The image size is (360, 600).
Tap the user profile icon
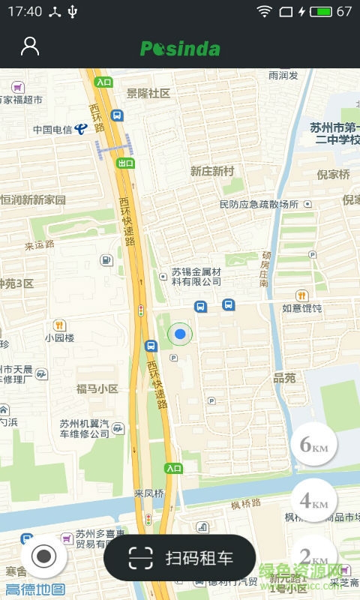point(30,46)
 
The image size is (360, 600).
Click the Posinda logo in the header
point(180,49)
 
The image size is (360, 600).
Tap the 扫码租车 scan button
point(180,558)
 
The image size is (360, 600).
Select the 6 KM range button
point(313,445)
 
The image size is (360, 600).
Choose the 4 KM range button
point(313,500)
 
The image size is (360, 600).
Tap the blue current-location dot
point(180,333)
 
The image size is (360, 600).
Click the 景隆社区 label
point(148,93)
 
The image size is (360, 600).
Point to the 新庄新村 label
point(212,171)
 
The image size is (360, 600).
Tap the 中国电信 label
point(52,129)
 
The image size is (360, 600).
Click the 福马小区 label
point(97,389)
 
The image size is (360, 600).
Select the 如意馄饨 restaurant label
point(301,308)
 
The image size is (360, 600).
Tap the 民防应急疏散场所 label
point(259,204)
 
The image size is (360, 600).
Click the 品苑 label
point(284,378)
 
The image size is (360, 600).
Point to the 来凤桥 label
point(148,493)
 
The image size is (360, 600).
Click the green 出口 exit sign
point(125,163)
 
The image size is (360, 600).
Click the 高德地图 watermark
point(35,589)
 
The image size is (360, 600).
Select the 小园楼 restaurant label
point(58,337)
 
